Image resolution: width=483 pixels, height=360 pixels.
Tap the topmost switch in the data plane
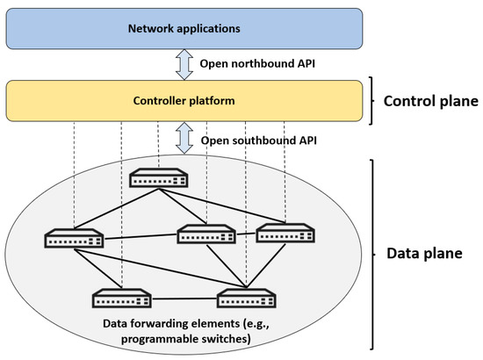point(158,178)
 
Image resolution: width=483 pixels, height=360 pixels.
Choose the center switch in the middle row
point(206,234)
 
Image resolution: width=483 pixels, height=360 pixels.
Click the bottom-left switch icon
point(120,299)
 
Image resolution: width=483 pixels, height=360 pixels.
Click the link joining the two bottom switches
point(183,299)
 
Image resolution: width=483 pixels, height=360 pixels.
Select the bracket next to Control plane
point(372,101)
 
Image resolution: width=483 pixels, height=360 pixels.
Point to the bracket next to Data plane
point(372,253)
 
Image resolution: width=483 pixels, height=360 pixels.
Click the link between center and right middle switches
point(246,234)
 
